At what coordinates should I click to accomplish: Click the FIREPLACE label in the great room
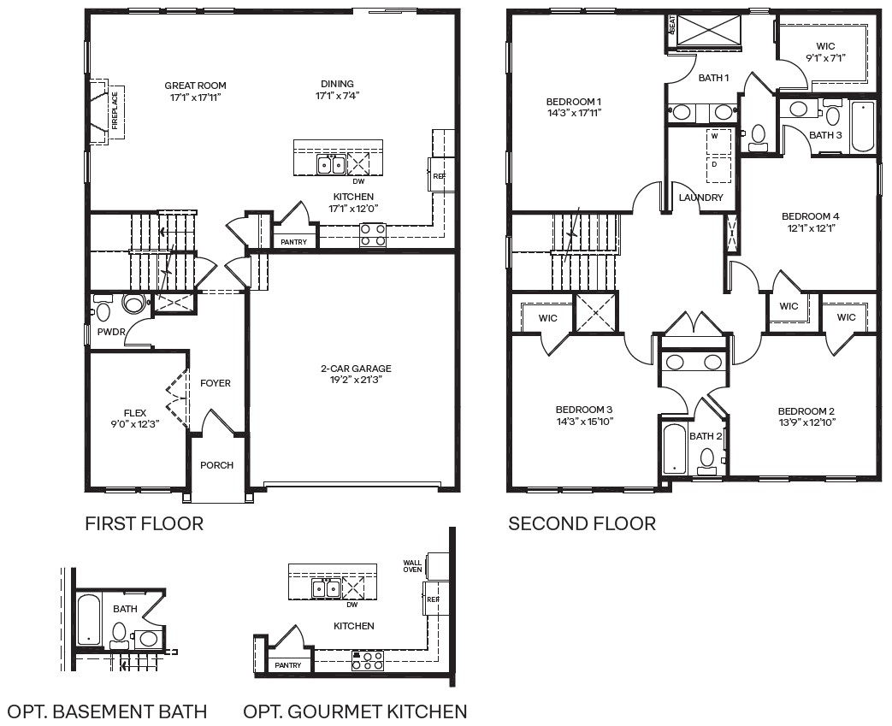115,109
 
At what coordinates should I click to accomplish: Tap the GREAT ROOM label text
195,86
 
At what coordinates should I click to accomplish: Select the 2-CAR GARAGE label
356,369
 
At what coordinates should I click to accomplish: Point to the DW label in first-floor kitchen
358,181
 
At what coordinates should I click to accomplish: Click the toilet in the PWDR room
134,304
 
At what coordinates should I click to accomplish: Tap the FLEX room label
135,414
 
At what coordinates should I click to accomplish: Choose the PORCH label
216,465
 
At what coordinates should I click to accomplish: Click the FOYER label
216,383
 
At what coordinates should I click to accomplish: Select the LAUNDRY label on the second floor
701,198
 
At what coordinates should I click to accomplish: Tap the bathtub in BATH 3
863,126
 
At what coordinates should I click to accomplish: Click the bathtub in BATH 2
675,448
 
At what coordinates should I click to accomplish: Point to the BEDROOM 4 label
810,216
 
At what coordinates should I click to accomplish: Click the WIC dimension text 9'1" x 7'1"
825,58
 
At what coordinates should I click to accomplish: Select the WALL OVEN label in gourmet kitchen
412,566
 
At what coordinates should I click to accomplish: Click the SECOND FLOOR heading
582,523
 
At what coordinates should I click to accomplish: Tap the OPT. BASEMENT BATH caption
107,711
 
